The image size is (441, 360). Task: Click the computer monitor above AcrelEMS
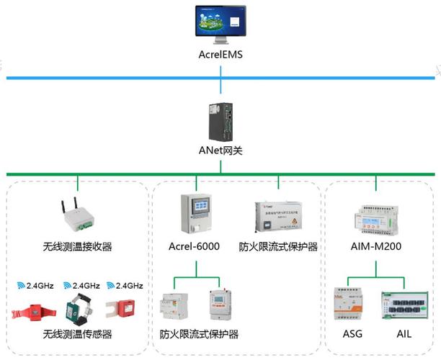[221, 24]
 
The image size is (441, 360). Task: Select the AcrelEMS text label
[221, 54]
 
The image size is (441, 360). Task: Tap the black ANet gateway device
[221, 121]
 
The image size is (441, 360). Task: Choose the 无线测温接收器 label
[77, 246]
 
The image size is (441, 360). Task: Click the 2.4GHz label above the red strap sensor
[36, 285]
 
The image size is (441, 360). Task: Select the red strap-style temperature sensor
[32, 312]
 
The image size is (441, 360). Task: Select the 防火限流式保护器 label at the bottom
[199, 335]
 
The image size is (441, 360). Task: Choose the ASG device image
[350, 306]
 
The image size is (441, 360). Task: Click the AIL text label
[405, 335]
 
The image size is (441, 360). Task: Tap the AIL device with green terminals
[404, 305]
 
